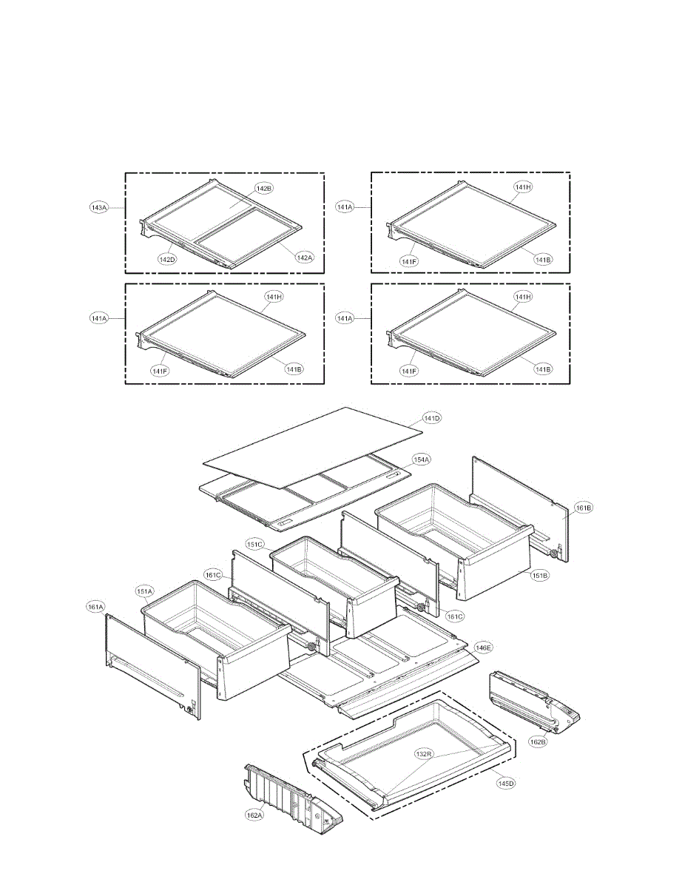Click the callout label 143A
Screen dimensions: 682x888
tap(99, 208)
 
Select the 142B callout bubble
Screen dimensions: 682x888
tap(264, 189)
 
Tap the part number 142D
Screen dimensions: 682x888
tap(167, 260)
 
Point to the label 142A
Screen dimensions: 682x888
tap(305, 258)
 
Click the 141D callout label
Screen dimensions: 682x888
tap(432, 419)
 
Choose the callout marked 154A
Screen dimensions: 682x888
tap(422, 460)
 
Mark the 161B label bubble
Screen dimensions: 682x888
tap(584, 508)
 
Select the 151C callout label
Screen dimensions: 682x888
tap(255, 545)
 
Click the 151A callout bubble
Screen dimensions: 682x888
tap(144, 591)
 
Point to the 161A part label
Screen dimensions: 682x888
tap(96, 607)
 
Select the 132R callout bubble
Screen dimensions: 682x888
tap(423, 754)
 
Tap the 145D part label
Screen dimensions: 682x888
tap(506, 784)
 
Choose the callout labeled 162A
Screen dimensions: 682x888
tap(254, 815)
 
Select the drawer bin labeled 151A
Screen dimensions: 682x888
tap(215, 636)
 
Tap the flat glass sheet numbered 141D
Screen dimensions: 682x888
tap(311, 448)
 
